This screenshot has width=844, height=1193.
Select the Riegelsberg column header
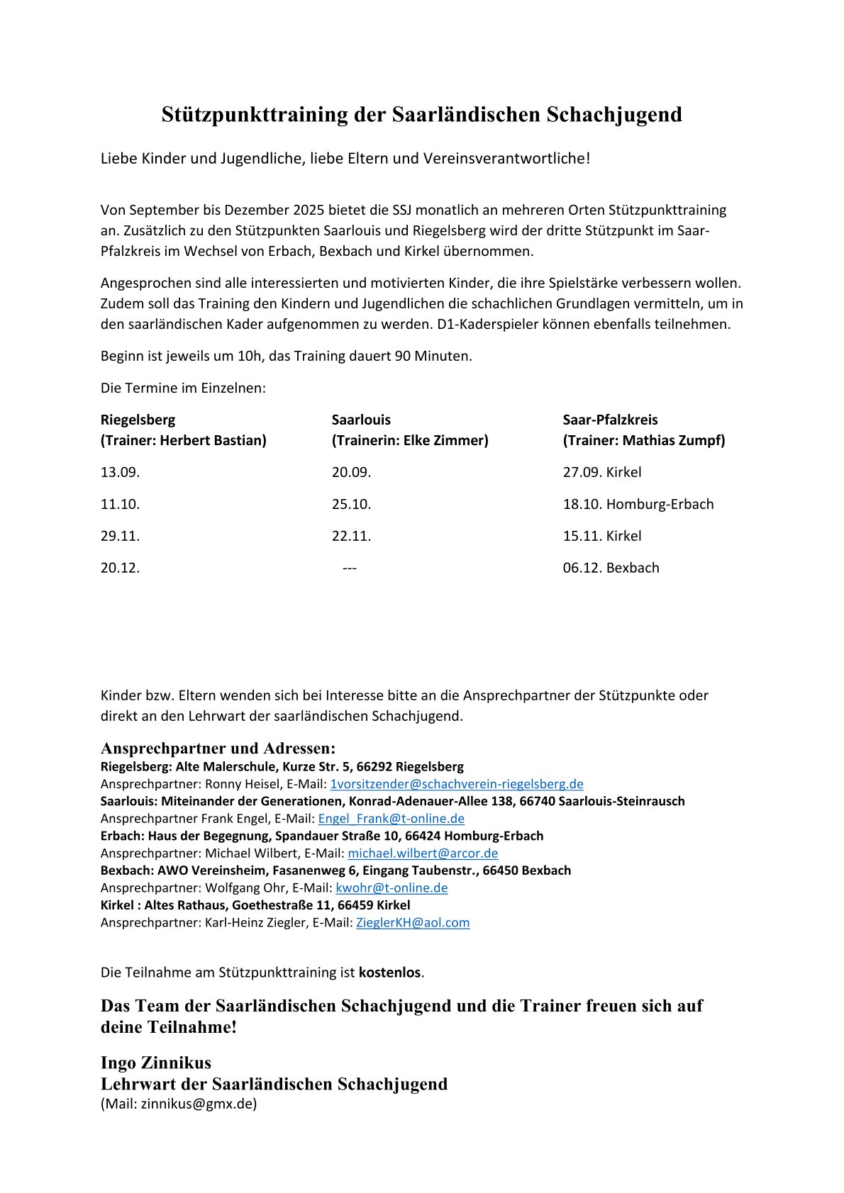(138, 420)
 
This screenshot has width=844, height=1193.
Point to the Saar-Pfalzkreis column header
(610, 420)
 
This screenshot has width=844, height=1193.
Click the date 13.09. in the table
(120, 472)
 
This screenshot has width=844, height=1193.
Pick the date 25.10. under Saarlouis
(351, 504)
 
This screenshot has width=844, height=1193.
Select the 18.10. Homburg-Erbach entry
(638, 504)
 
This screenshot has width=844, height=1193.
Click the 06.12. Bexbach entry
(611, 568)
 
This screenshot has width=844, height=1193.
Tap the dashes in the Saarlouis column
(349, 568)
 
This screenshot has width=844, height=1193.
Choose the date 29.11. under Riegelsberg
(120, 536)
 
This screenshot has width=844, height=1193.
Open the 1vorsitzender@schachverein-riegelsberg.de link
(457, 784)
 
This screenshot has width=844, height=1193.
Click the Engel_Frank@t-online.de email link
(391, 819)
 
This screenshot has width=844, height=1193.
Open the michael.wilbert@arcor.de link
(423, 853)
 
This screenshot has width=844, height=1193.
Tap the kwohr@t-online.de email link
(392, 887)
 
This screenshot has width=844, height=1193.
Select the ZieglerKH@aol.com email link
(413, 922)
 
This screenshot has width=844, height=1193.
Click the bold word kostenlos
(389, 973)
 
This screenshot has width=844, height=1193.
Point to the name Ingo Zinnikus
(156, 1063)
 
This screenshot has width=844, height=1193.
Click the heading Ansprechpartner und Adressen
(218, 749)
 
